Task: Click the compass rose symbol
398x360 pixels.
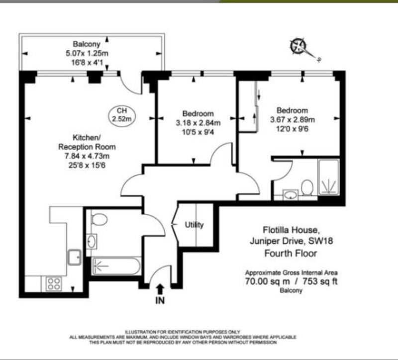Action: click(298, 46)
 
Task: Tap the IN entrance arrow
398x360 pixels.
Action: click(160, 289)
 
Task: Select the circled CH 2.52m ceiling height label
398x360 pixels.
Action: click(122, 115)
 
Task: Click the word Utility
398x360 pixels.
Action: click(194, 225)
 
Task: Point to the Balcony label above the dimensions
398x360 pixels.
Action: click(87, 44)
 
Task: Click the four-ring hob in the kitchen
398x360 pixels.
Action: click(54, 283)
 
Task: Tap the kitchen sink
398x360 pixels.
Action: click(74, 257)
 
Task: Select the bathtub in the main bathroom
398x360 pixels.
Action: click(116, 266)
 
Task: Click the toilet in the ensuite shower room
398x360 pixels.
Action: click(307, 188)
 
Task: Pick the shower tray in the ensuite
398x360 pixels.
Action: click(329, 177)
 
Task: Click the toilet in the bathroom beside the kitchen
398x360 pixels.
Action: click(99, 219)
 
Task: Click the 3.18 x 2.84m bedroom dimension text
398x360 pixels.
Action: click(198, 123)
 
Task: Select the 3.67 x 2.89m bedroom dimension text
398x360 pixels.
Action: click(293, 120)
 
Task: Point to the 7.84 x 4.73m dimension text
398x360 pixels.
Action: click(87, 156)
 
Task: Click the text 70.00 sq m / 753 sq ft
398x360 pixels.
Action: click(291, 281)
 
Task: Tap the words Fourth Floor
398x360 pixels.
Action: click(291, 253)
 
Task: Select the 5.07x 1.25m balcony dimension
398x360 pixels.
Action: click(87, 53)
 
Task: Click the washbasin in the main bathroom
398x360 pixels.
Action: click(92, 241)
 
